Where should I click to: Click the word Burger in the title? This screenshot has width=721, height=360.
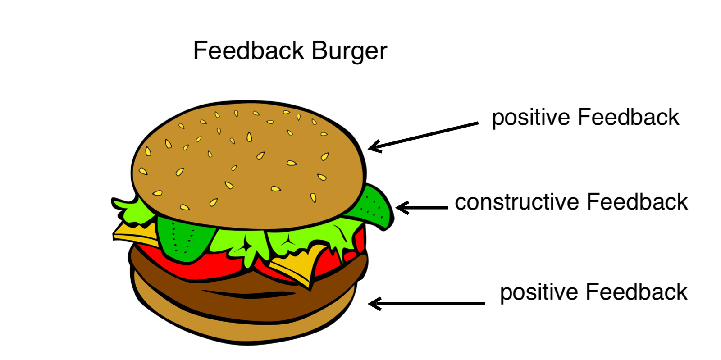click(349, 51)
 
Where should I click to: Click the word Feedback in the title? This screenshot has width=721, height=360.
click(248, 50)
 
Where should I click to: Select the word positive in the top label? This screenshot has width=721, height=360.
click(531, 118)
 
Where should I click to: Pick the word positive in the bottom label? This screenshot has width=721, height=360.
click(539, 293)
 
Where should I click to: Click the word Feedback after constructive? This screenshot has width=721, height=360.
click(637, 202)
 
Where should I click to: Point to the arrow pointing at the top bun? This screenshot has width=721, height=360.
click(423, 136)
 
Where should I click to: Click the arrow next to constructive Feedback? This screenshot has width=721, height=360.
click(422, 208)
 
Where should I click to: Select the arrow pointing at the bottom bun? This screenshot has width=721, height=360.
click(426, 304)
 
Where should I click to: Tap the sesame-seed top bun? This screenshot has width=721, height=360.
click(248, 164)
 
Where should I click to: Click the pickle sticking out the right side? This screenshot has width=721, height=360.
click(374, 206)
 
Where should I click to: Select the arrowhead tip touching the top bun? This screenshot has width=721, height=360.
click(368, 148)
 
